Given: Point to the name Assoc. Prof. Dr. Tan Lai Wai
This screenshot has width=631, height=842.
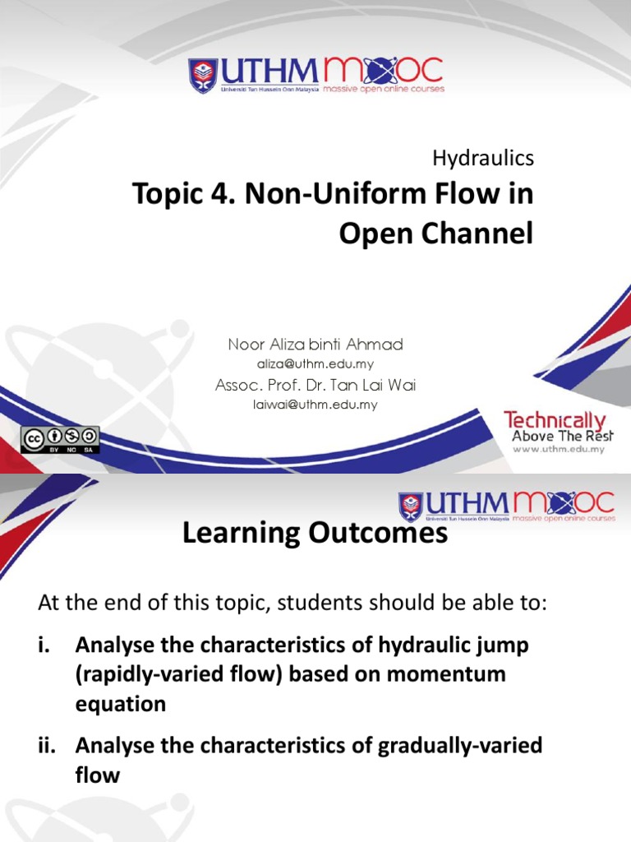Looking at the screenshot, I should click(x=316, y=386).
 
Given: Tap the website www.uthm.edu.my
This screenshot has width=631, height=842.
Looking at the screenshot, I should click(x=559, y=450).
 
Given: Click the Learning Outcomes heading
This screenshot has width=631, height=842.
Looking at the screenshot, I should click(x=315, y=534).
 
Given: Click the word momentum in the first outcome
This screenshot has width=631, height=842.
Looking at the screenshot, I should click(x=463, y=675).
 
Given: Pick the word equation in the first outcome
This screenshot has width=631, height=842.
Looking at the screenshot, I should click(x=121, y=705).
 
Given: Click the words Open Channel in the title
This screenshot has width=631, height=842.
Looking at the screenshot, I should click(x=435, y=234).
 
